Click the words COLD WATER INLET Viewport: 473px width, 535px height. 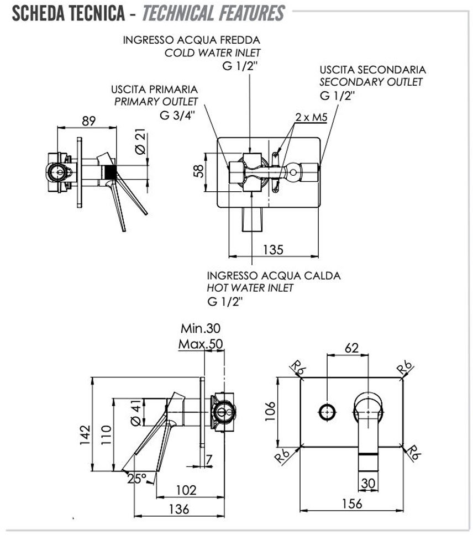pos(212,53)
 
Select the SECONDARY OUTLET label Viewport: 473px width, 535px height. pos(371,82)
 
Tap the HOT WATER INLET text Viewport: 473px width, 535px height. pos(250,288)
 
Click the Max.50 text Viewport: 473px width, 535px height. pos(200,344)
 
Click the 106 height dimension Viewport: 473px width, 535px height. pos(270,412)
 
